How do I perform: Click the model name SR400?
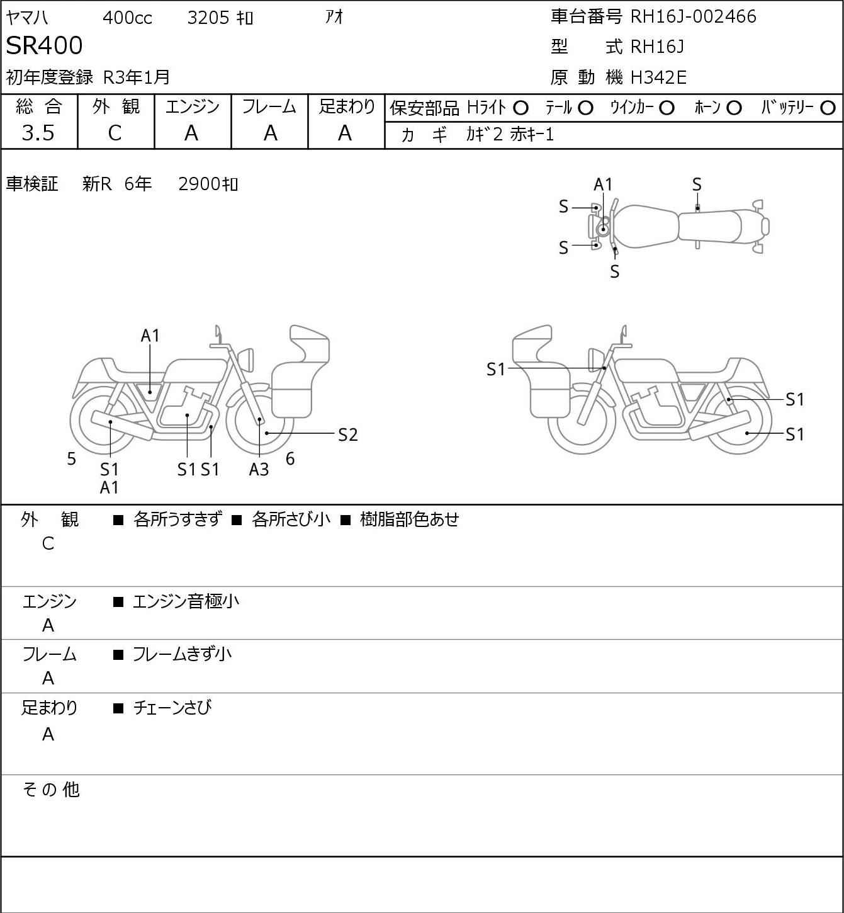pyautogui.click(x=44, y=45)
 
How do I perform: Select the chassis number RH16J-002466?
pyautogui.click(x=693, y=16)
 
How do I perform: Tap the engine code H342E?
pyautogui.click(x=658, y=77)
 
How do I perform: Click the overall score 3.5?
pyautogui.click(x=38, y=133)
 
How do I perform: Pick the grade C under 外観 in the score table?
pyautogui.click(x=115, y=133)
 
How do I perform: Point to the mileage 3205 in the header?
pyautogui.click(x=208, y=18)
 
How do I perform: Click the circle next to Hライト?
pyautogui.click(x=520, y=108)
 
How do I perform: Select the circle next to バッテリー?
pyautogui.click(x=828, y=108)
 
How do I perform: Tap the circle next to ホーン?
pyautogui.click(x=734, y=108)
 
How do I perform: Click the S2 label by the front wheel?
pyautogui.click(x=347, y=434)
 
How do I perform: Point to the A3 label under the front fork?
pyautogui.click(x=258, y=469)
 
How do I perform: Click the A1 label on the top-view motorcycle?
pyautogui.click(x=603, y=185)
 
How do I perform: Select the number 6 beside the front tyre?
pyautogui.click(x=290, y=458)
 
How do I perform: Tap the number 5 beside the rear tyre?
pyautogui.click(x=71, y=458)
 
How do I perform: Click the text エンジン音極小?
pyautogui.click(x=186, y=601)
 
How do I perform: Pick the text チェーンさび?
pyautogui.click(x=172, y=708)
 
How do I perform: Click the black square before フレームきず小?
pyautogui.click(x=118, y=655)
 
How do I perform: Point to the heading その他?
pyautogui.click(x=51, y=790)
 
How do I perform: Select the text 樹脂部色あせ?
pyautogui.click(x=410, y=519)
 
